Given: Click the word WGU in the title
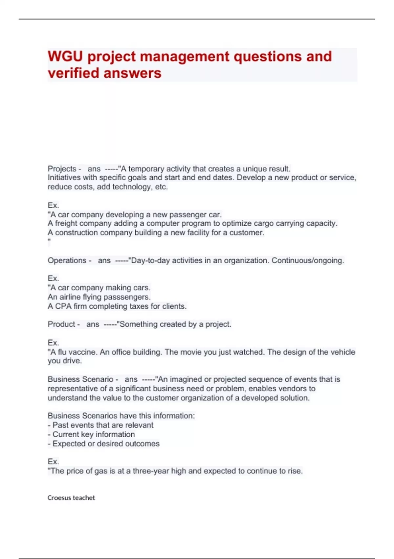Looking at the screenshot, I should click(x=65, y=57).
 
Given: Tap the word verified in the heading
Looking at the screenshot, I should click(x=71, y=73).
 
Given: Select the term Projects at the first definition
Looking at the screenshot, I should click(x=62, y=169).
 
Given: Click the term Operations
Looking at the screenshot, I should click(x=67, y=260).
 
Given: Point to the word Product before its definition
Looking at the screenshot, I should click(x=61, y=324).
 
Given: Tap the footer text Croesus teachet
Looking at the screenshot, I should click(x=71, y=498).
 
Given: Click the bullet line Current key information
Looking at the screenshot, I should click(x=93, y=434).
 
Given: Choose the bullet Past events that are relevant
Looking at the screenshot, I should click(x=102, y=425).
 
